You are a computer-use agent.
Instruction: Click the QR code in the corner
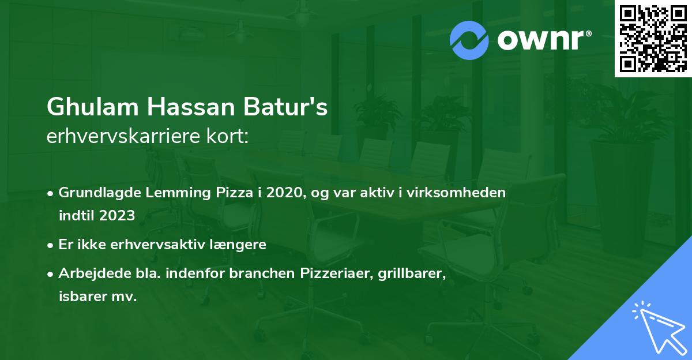point(653,39)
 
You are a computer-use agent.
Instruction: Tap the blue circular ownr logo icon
point(469,40)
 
